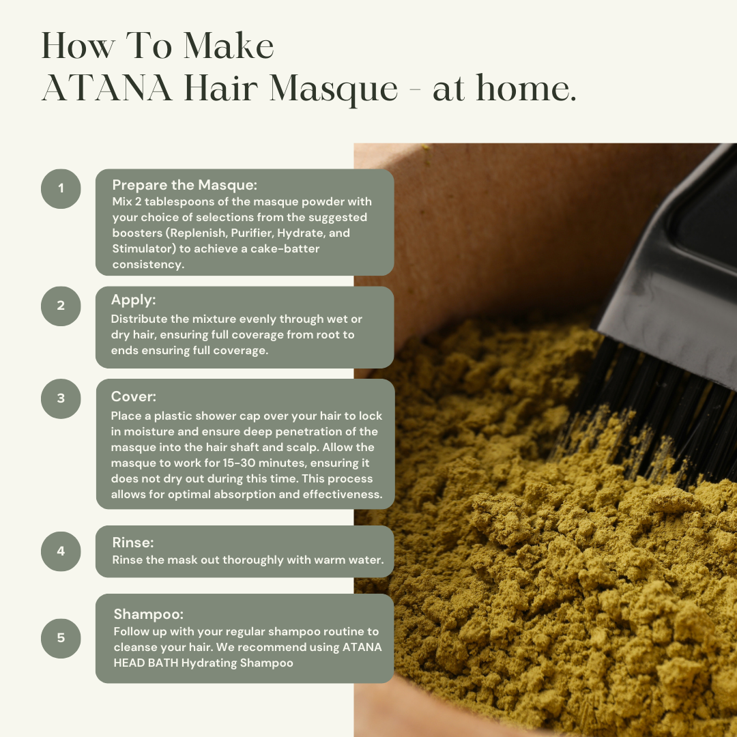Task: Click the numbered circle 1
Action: click(61, 188)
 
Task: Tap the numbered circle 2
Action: click(61, 306)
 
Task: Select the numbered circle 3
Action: click(61, 399)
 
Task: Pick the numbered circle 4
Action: click(61, 551)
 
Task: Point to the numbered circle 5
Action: click(61, 638)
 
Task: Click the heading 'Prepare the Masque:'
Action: click(185, 185)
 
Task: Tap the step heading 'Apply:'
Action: click(133, 300)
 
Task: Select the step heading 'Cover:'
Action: click(134, 396)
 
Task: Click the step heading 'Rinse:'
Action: click(133, 543)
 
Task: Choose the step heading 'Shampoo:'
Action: click(149, 614)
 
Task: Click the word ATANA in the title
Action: click(107, 88)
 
